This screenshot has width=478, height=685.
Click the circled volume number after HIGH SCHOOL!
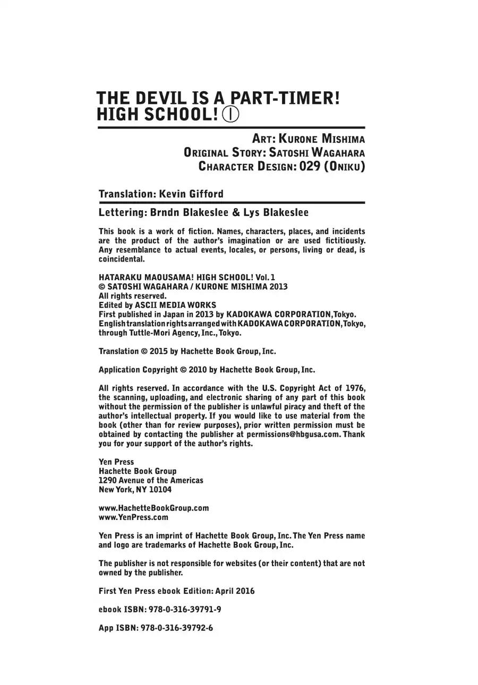coord(230,115)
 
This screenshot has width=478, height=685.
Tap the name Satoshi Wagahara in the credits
coord(317,153)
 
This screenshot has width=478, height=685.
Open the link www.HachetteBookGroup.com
coord(154,508)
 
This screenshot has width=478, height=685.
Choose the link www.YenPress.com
coord(133,517)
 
